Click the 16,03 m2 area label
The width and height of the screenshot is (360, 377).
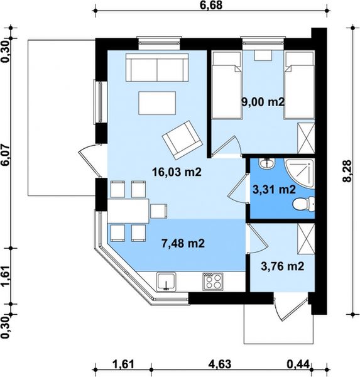tap(177, 172)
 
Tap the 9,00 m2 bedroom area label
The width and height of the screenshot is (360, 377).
tap(263, 102)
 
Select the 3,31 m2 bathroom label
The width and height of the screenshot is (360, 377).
tap(274, 190)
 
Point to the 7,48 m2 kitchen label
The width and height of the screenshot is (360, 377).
tap(183, 243)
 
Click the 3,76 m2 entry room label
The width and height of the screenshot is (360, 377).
tap(283, 266)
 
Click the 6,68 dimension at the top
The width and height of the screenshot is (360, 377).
tap(211, 5)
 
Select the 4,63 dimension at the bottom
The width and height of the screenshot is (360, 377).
tap(220, 364)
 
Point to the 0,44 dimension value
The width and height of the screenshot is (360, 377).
tap(298, 364)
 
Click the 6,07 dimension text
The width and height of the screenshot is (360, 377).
tap(6, 155)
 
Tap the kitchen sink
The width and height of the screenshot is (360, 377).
tap(166, 281)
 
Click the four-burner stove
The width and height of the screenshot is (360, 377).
tap(212, 281)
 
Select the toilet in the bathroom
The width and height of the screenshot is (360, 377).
tap(303, 204)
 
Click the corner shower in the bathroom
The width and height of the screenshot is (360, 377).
tap(300, 173)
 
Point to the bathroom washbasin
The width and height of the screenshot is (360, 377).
tap(266, 163)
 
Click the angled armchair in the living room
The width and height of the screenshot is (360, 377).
tap(183, 140)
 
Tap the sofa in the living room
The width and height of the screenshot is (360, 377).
tap(157, 68)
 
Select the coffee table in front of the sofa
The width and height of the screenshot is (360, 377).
tap(157, 103)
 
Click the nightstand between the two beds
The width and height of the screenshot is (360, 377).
tap(263, 55)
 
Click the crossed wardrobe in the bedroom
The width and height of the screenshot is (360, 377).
tap(306, 138)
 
